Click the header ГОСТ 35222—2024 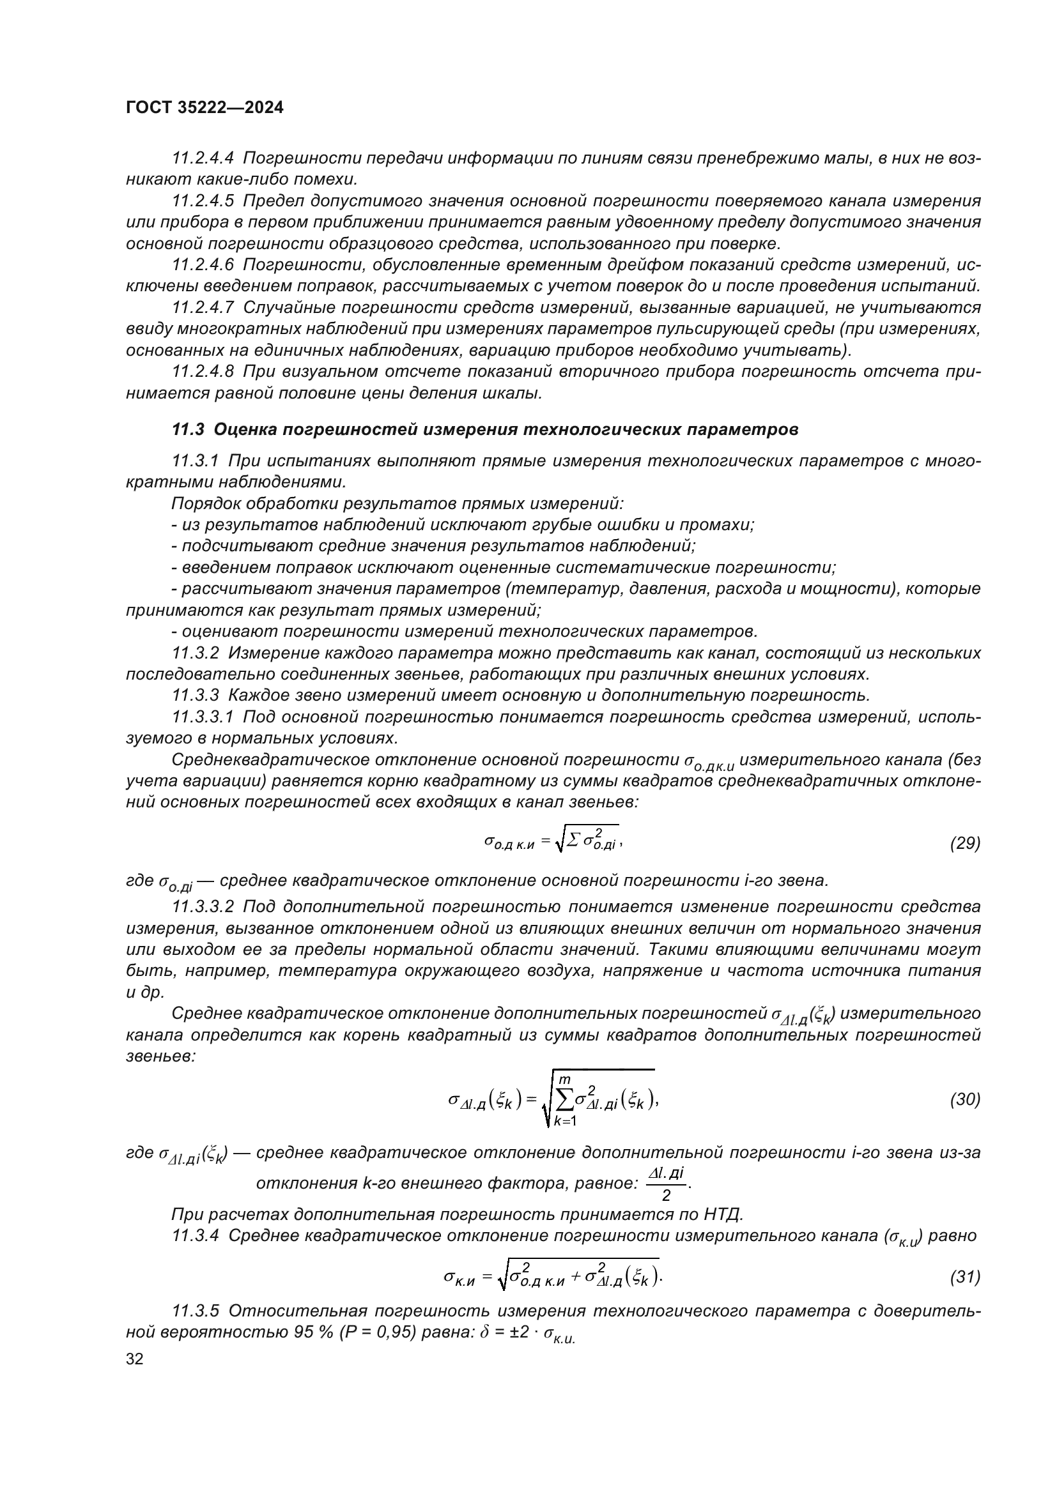[x=204, y=108]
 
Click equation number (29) [x=964, y=843]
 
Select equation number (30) [x=964, y=1100]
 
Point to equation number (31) [x=964, y=1277]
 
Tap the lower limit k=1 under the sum [x=565, y=1120]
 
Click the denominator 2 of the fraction [x=666, y=1194]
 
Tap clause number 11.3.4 [x=196, y=1236]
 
